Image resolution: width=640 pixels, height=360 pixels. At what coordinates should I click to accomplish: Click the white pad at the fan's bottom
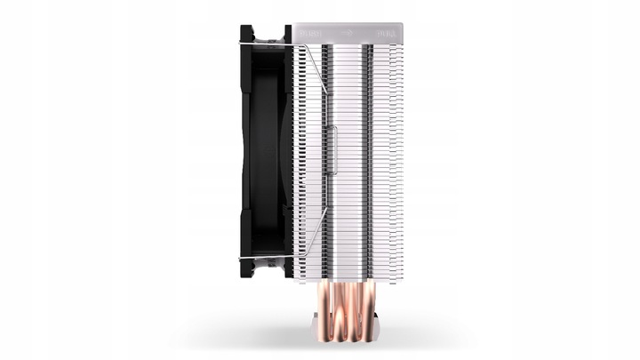coord(267,268)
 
